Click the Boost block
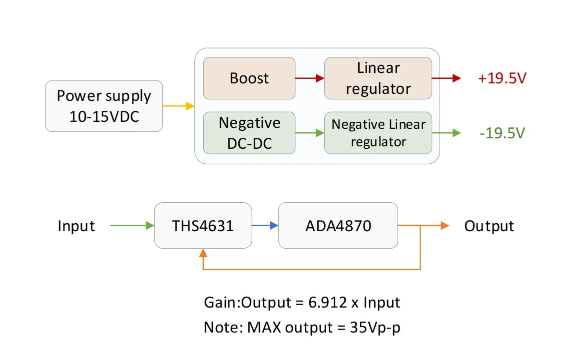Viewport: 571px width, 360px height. (249, 78)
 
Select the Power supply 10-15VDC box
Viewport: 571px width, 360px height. (104, 106)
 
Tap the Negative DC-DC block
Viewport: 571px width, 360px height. (249, 133)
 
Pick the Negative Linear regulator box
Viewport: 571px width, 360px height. (378, 133)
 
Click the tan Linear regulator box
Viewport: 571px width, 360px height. (378, 78)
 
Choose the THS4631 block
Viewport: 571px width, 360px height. (203, 226)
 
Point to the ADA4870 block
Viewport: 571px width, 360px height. (338, 226)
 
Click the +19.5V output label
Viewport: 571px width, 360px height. (502, 78)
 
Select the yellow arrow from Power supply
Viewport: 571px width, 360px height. (178, 106)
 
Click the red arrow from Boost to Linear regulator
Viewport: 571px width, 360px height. (310, 78)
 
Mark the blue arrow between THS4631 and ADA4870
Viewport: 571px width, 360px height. (265, 226)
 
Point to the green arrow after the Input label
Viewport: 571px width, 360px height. (132, 226)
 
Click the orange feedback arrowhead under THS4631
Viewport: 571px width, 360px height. (203, 253)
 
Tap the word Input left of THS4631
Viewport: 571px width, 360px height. (76, 226)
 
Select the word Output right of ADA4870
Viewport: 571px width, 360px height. (489, 226)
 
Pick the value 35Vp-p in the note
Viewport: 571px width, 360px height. (375, 328)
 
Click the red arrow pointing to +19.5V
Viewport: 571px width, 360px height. (447, 78)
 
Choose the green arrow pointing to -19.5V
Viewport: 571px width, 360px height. (447, 133)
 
